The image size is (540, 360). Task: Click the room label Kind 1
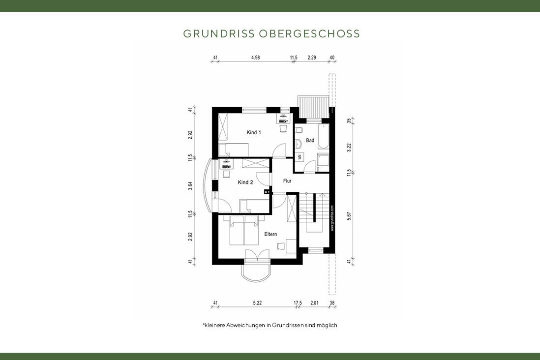(253, 132)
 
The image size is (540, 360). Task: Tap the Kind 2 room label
(245, 182)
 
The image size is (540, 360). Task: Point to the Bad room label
(310, 141)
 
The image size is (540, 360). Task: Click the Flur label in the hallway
(288, 181)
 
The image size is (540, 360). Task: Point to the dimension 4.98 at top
(255, 58)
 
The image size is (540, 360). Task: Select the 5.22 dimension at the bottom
(257, 303)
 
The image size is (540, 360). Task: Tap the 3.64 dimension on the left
(191, 186)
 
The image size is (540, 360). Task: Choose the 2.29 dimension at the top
(312, 58)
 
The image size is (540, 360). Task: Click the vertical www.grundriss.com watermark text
(332, 221)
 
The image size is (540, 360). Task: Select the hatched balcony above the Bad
(315, 107)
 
